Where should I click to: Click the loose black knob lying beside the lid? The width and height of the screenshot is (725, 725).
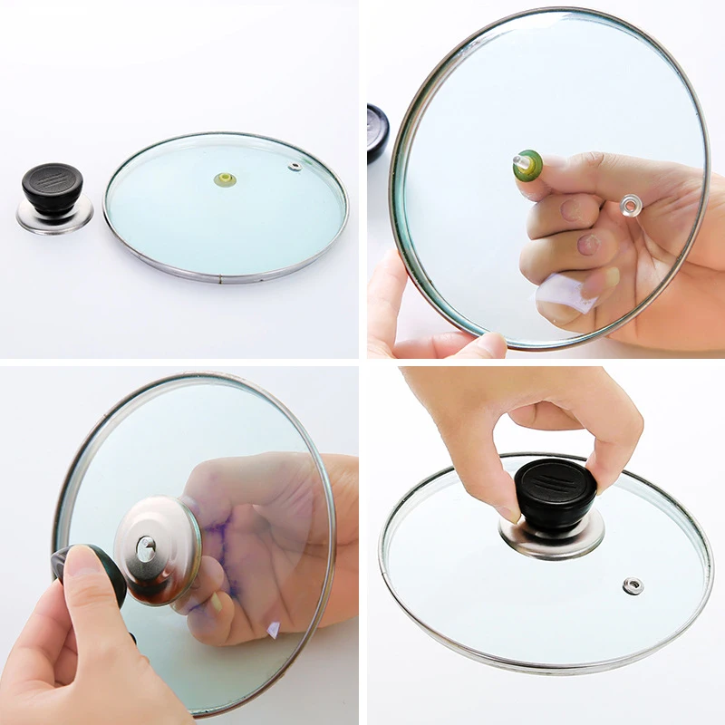52,186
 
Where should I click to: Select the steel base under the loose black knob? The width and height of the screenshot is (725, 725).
54,217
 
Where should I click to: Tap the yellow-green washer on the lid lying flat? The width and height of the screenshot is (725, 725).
225,179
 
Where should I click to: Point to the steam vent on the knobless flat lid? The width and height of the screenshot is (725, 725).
295,167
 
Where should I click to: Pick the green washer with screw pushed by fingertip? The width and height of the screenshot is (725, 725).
527,165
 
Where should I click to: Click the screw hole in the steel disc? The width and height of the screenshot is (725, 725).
145,546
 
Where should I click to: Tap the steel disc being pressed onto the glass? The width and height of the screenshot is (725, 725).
158,549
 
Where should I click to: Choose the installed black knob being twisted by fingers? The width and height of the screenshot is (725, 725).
555,494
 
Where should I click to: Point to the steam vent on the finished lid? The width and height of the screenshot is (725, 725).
632,585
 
